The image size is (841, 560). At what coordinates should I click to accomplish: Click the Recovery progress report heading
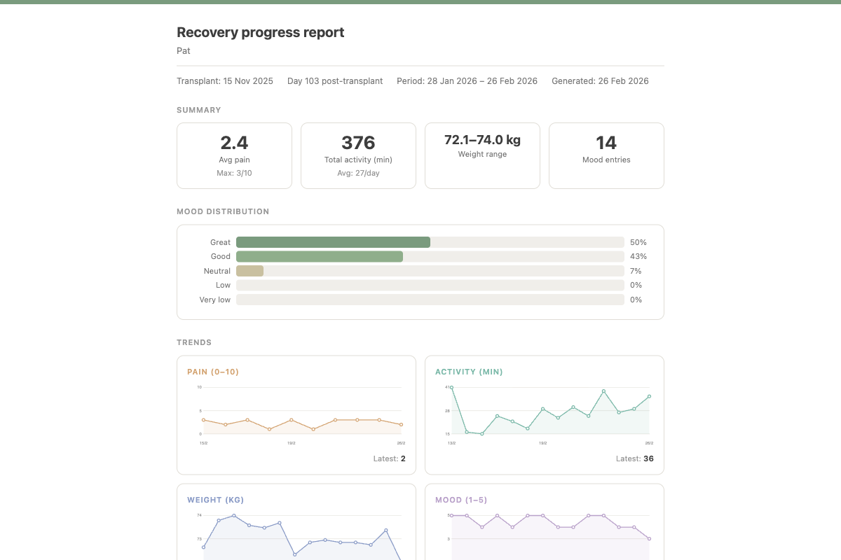point(260,32)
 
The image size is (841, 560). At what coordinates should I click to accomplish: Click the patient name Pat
point(184,51)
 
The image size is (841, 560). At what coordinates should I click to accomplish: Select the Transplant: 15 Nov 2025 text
point(225,81)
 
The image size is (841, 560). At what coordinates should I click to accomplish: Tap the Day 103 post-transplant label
point(335,81)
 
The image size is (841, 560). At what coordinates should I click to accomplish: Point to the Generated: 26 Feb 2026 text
point(600,81)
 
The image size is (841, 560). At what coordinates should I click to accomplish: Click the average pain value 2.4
point(234,143)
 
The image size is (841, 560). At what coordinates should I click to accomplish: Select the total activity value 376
point(358,143)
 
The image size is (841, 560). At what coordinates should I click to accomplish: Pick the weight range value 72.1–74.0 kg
point(482,139)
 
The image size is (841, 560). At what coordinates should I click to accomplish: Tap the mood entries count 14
point(606,143)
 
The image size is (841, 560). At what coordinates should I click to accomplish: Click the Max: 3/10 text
point(234,173)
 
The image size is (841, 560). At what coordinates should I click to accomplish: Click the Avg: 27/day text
point(358,173)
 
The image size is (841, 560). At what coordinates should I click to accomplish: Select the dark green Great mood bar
point(333,242)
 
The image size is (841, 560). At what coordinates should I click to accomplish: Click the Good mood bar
point(320,257)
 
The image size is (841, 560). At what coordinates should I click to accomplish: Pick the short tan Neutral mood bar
point(249,271)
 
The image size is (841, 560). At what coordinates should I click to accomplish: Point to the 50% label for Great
point(638,242)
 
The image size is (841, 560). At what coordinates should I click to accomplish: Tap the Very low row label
point(214,300)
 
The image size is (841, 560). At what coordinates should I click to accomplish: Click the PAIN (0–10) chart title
point(213,372)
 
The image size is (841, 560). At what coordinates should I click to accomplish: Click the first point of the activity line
point(451,387)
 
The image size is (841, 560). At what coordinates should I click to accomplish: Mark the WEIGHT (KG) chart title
point(215,500)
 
